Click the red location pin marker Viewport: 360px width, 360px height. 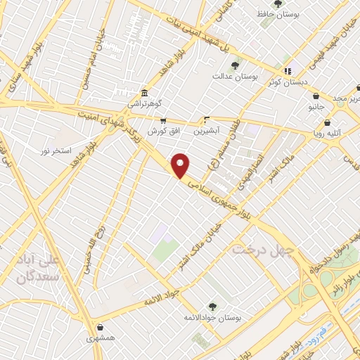(181, 165)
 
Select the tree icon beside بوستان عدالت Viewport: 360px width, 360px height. (235, 65)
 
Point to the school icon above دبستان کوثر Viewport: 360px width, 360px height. (287, 71)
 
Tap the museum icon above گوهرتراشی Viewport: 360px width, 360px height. (143, 93)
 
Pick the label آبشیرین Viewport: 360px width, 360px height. (207, 130)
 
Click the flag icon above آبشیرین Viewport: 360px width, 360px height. (206, 120)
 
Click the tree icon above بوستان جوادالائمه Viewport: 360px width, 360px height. (213, 307)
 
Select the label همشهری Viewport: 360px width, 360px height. (103, 337)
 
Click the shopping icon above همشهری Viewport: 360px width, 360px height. (103, 327)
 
